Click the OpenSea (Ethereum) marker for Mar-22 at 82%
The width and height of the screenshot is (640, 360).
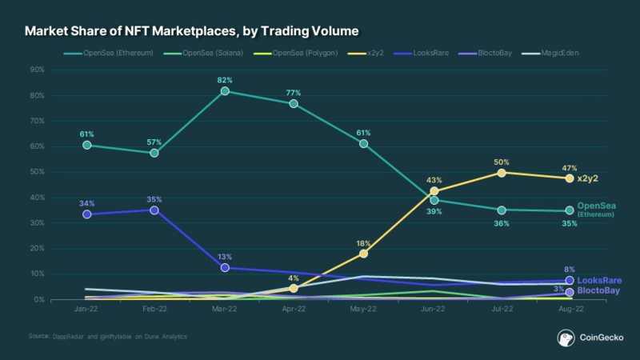pyautogui.click(x=225, y=91)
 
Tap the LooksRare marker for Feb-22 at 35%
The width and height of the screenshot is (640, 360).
pyautogui.click(x=154, y=210)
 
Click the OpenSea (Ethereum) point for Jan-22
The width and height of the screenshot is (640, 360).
pyautogui.click(x=86, y=146)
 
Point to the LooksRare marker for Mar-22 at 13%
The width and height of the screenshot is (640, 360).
pyautogui.click(x=225, y=267)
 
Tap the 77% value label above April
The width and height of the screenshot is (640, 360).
pyautogui.click(x=294, y=94)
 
